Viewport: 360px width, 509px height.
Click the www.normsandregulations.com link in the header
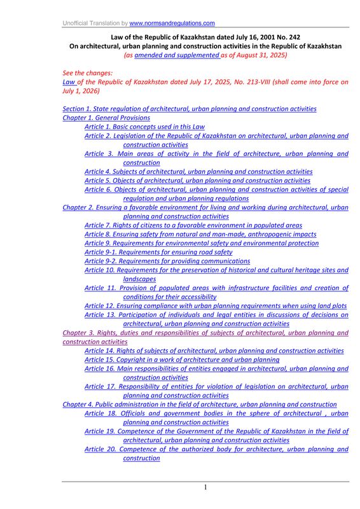(172, 23)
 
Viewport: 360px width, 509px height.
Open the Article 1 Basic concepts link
(144, 127)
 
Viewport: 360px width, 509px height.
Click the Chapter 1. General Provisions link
(106, 118)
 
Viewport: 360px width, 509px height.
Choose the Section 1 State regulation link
(190, 109)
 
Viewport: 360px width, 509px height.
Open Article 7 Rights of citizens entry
(193, 225)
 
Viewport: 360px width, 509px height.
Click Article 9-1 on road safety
(158, 252)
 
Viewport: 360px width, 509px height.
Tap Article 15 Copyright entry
(181, 359)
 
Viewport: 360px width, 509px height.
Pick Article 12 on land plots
(216, 305)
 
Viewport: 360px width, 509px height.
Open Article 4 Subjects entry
(198, 171)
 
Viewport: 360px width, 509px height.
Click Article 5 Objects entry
(197, 180)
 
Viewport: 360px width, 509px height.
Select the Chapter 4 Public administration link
(200, 404)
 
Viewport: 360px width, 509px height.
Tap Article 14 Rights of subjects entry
(214, 351)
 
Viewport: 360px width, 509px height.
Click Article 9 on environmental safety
(201, 243)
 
